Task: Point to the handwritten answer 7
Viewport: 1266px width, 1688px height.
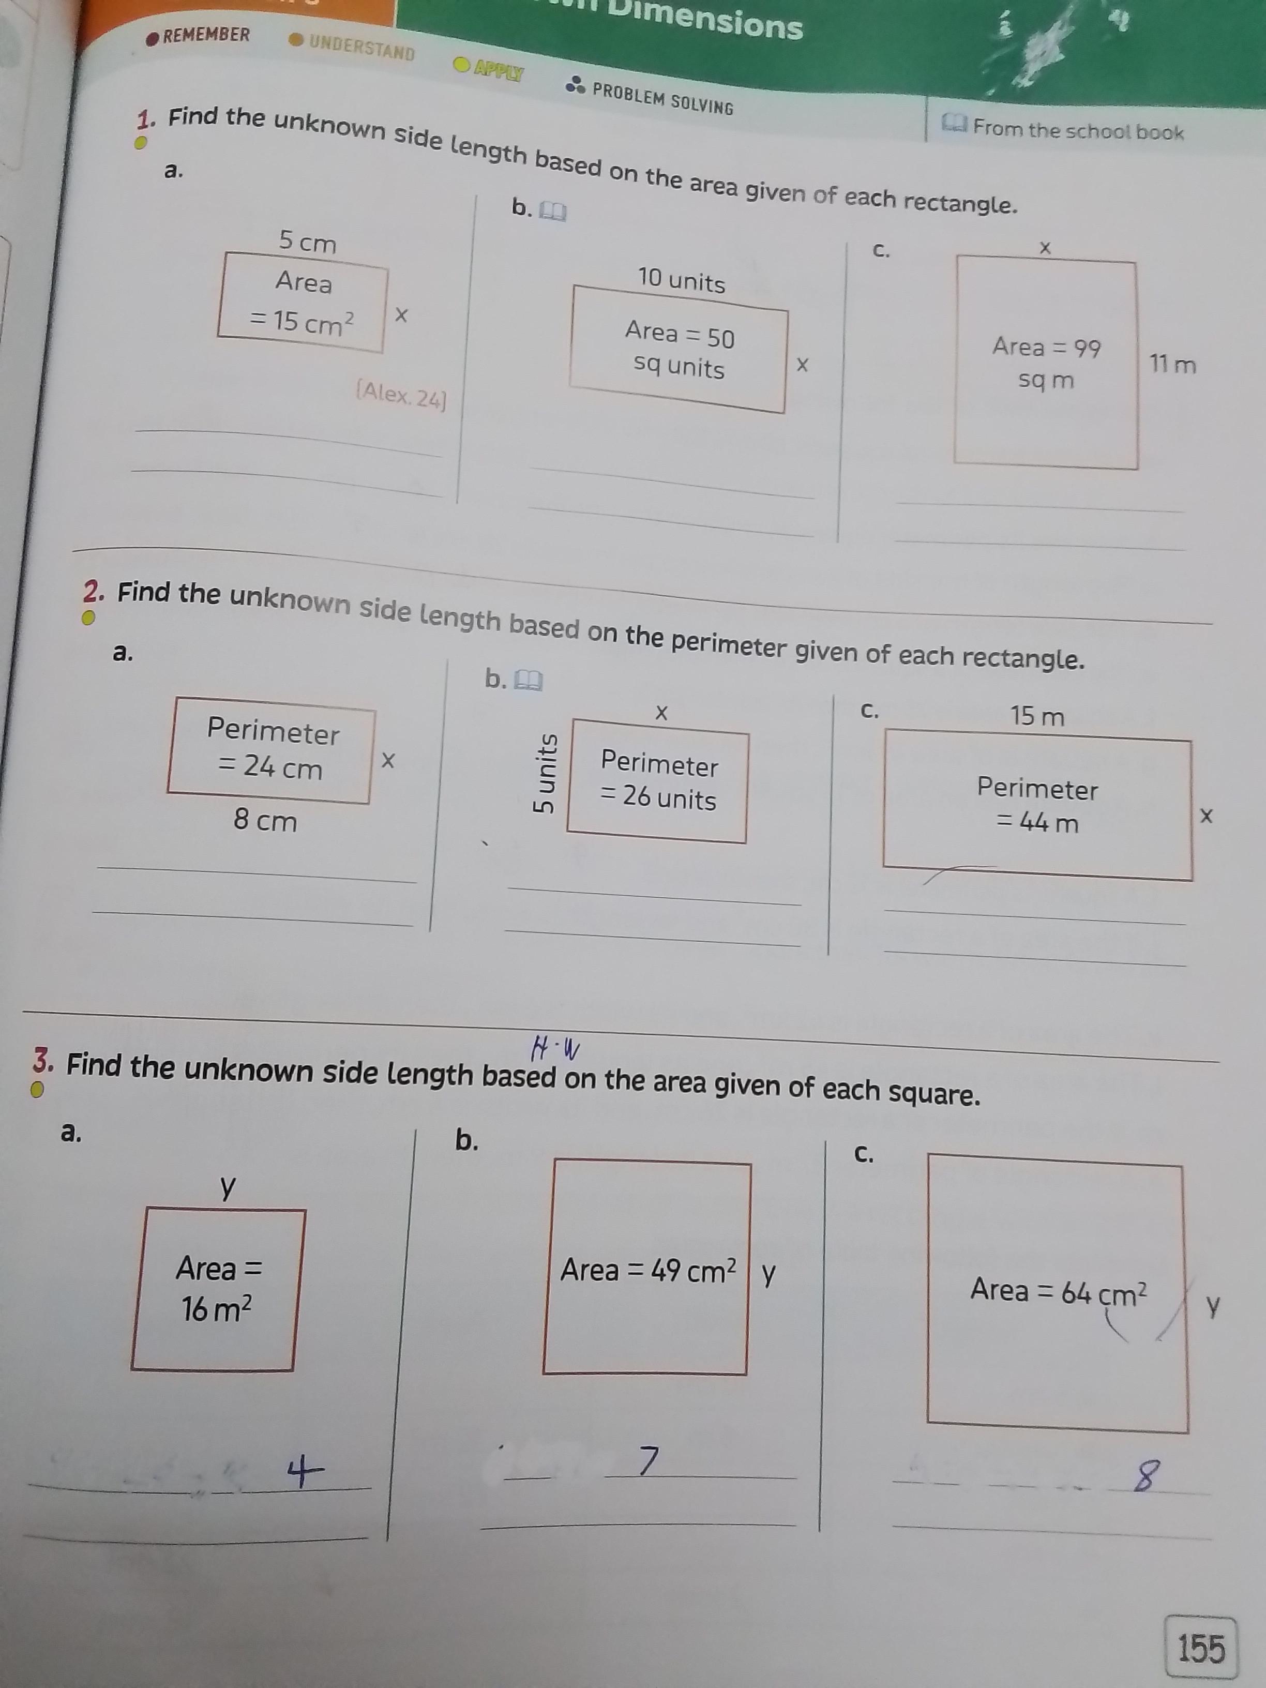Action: coord(647,1460)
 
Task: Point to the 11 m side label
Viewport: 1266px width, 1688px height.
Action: coord(1173,364)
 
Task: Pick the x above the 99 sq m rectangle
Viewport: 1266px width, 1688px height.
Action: coord(1046,248)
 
